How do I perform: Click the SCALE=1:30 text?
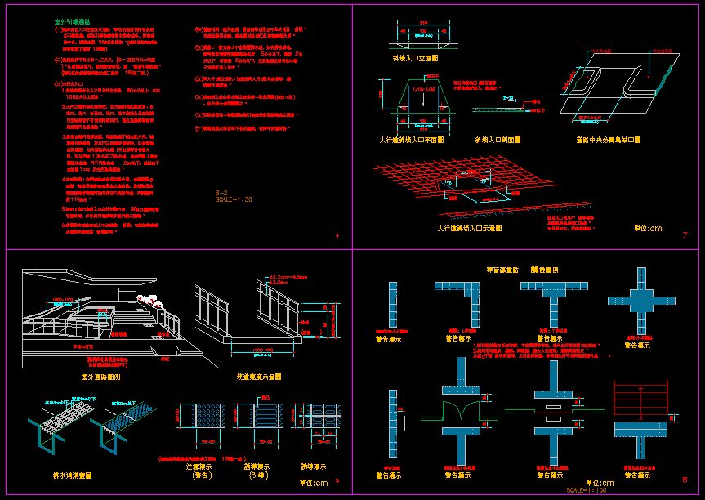tap(234, 199)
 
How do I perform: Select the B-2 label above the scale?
tap(221, 192)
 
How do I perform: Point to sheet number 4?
tap(337, 236)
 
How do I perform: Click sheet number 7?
tap(684, 236)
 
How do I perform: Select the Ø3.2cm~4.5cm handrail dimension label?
tap(288, 278)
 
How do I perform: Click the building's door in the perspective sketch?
tap(126, 293)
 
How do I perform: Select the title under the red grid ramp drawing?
tap(469, 229)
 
